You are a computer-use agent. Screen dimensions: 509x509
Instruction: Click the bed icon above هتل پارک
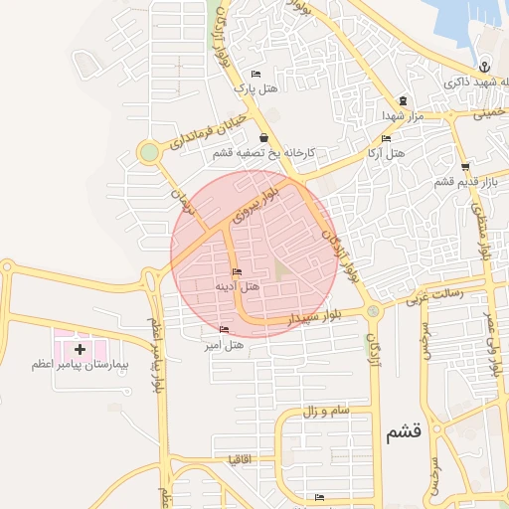click(x=256, y=74)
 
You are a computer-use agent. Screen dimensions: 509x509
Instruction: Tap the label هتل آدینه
click(x=238, y=286)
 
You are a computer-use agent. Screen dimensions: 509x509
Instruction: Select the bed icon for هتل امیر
click(x=223, y=329)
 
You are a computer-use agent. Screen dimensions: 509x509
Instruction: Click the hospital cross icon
click(x=80, y=349)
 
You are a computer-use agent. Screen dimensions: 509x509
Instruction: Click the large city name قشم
click(x=405, y=431)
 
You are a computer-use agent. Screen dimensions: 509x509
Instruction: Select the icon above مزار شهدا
click(x=402, y=99)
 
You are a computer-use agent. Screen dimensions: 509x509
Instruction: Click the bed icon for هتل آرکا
click(x=386, y=140)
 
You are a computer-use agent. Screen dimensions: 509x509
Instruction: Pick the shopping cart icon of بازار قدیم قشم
click(x=464, y=166)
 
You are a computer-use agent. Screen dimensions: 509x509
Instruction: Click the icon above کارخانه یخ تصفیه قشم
click(x=263, y=138)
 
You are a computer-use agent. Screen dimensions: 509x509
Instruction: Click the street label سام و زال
click(x=322, y=411)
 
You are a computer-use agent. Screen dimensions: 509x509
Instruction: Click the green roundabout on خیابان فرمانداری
click(x=149, y=152)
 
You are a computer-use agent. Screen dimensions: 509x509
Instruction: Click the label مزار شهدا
click(x=403, y=117)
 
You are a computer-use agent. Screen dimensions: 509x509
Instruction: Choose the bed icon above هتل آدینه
click(x=236, y=271)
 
